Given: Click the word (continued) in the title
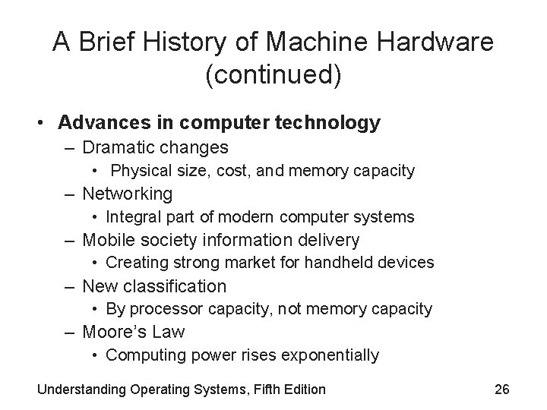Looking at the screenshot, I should [x=273, y=77].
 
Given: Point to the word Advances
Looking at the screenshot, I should [x=93, y=122].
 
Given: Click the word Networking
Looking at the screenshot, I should [x=127, y=194].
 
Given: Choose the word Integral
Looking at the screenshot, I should [x=132, y=217].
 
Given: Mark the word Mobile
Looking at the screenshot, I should [x=106, y=240].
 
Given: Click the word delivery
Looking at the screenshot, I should [x=330, y=240].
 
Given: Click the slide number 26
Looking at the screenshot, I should [x=501, y=389].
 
